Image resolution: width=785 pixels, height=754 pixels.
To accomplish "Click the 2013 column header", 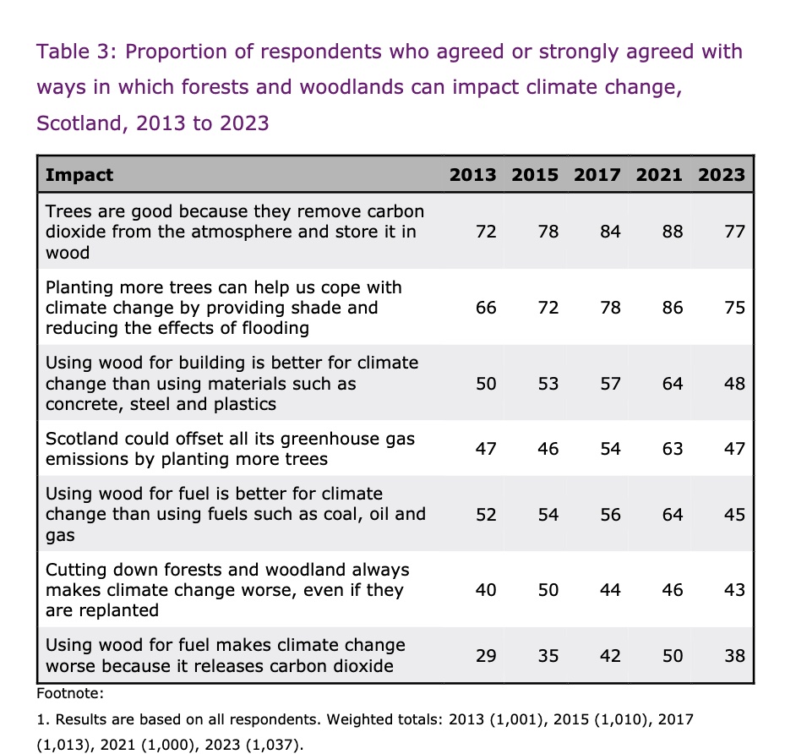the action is [x=472, y=175].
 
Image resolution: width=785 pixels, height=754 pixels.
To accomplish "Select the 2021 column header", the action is [x=659, y=175].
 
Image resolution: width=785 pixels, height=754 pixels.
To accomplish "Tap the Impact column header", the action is [x=79, y=175].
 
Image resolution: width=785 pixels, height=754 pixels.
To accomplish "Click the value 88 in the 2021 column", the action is [x=673, y=232].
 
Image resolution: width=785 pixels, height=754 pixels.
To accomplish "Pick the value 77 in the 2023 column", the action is [x=735, y=232].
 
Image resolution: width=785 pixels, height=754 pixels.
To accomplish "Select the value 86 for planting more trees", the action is [x=673, y=308].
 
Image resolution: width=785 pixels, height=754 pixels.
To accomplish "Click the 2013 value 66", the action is [x=486, y=308].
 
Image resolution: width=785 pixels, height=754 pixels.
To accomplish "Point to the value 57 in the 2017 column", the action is [x=610, y=384].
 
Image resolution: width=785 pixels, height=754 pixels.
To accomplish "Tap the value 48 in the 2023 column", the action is [x=735, y=384].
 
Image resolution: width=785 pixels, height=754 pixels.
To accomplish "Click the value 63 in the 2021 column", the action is [x=673, y=449].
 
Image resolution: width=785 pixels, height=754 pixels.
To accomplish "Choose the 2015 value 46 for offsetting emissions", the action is [x=548, y=449].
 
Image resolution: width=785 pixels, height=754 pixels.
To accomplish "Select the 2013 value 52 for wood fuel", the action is [x=486, y=515].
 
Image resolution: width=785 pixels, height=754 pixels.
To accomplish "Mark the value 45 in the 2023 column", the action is [x=735, y=515].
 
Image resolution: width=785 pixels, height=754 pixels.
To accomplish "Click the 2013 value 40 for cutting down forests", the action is [x=486, y=590].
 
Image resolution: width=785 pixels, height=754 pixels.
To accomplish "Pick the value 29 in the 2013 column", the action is [x=486, y=656].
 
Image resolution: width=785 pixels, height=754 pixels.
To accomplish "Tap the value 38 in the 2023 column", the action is [x=735, y=656].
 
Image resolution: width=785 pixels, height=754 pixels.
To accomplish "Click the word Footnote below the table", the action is [x=70, y=693].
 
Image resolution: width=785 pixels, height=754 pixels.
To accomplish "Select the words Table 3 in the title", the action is [x=76, y=52].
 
